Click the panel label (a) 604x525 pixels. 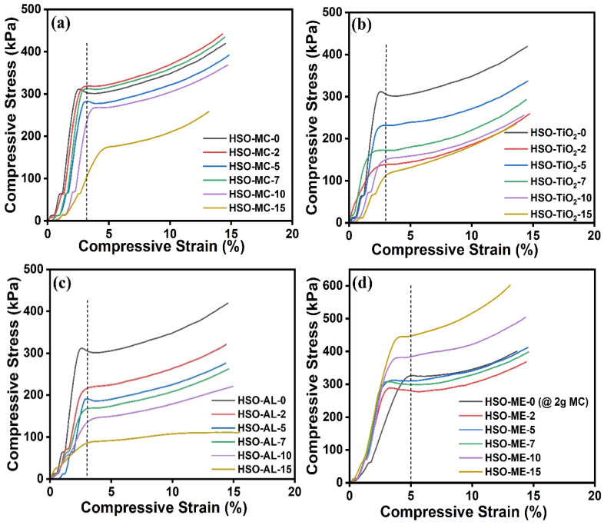(61, 23)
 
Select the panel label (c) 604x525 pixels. (62, 284)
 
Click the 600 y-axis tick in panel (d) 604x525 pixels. (334, 286)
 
